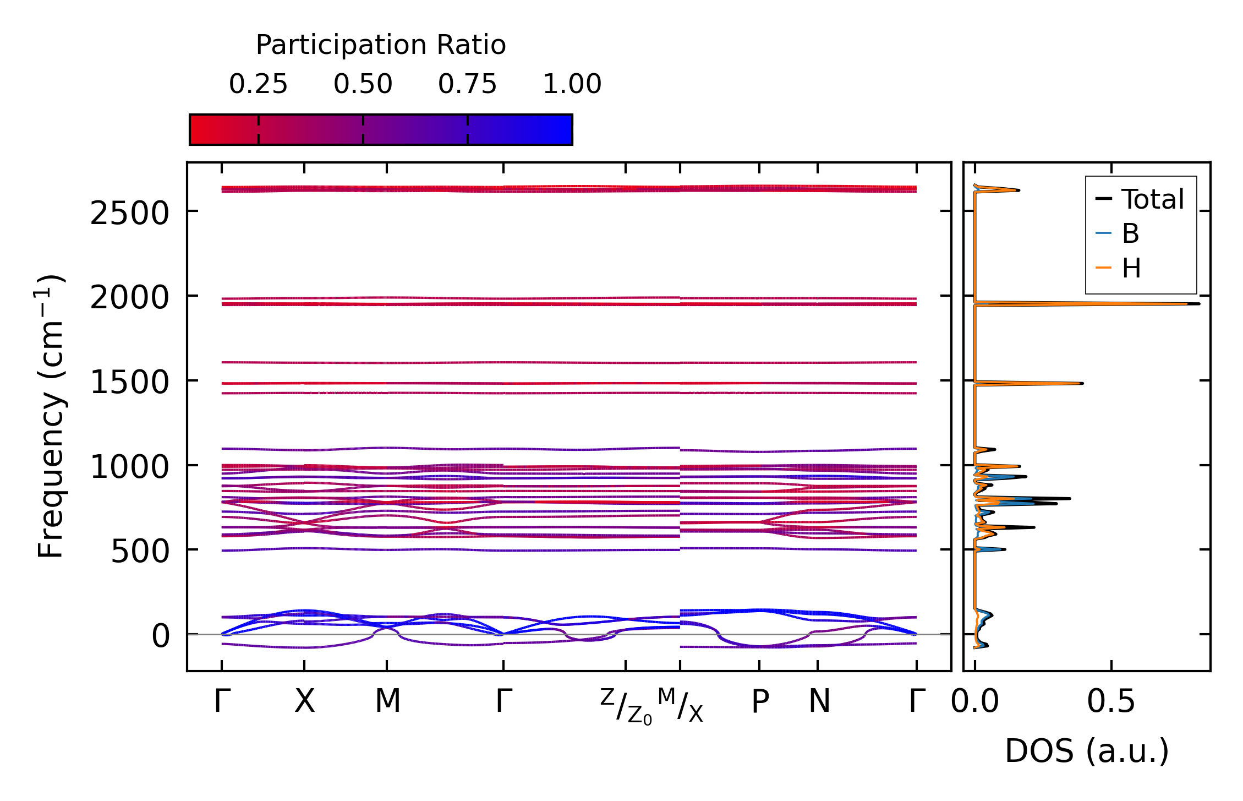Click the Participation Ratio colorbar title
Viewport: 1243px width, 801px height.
click(381, 45)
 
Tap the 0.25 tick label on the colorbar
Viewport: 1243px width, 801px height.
click(258, 84)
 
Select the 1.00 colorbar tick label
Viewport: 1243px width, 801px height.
click(572, 84)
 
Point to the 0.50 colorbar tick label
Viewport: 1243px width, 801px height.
click(363, 84)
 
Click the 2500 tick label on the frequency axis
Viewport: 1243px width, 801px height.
click(129, 214)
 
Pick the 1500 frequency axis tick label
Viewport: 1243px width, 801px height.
click(129, 382)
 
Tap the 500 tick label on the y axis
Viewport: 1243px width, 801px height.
click(140, 551)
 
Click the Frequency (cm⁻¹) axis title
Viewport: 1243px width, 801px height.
click(51, 416)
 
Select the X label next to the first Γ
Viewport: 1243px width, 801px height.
click(304, 701)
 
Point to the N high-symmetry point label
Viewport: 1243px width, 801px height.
click(819, 701)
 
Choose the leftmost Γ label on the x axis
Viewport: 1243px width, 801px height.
click(222, 701)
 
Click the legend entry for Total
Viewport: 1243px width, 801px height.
click(1152, 199)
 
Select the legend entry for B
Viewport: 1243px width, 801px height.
click(1130, 233)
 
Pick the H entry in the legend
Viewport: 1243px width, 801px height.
click(1131, 269)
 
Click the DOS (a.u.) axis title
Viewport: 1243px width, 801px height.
click(1087, 751)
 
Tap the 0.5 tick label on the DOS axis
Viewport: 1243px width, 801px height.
click(1111, 702)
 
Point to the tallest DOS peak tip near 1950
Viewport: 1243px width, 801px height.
click(1198, 303)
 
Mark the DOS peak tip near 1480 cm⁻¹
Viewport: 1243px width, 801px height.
click(1082, 383)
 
